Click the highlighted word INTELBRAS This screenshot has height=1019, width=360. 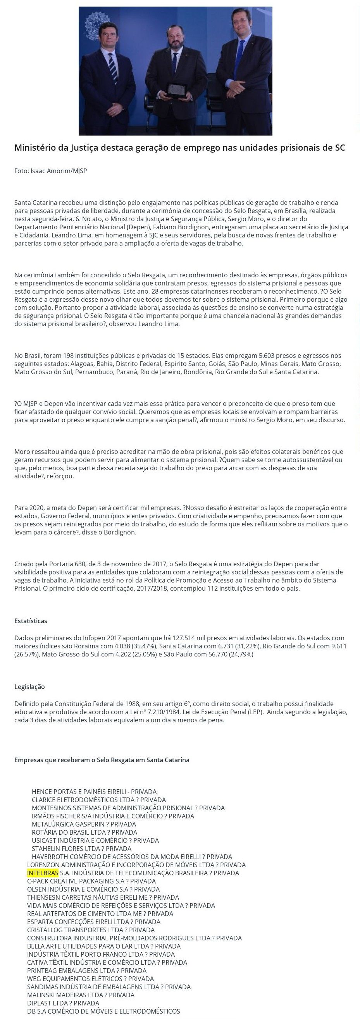pos(43,873)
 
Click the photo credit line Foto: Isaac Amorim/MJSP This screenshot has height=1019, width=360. pos(50,171)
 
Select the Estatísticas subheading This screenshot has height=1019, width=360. pos(31,620)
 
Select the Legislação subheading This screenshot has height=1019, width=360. pos(29,687)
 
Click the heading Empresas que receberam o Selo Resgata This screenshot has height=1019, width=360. pos(102,760)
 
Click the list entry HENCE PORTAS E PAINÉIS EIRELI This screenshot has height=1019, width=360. pos(94,791)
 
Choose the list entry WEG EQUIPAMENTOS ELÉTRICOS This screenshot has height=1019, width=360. pos(90,978)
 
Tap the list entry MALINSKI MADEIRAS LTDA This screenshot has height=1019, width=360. pos(80,995)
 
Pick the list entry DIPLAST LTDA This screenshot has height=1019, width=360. pos(63,1003)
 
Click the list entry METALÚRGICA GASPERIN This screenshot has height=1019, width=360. pos(83,824)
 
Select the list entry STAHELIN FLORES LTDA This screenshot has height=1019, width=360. pos(81,849)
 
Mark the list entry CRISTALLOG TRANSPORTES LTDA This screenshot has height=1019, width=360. pos(91,930)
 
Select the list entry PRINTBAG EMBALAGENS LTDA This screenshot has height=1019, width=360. pos(87,970)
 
